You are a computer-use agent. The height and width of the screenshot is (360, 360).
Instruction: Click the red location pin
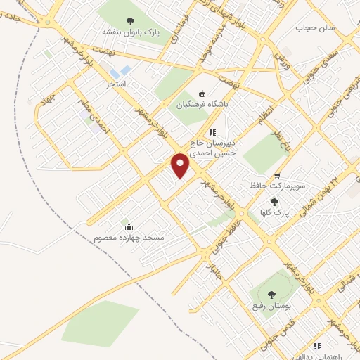point(181,165)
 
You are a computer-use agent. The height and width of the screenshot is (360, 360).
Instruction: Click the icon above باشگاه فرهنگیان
point(202,93)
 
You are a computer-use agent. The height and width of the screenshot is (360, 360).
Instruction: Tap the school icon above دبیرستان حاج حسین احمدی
point(212,131)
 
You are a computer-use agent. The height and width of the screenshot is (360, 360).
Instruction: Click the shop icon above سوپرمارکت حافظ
point(277,176)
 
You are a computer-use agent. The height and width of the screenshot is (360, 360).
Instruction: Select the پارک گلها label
point(276,212)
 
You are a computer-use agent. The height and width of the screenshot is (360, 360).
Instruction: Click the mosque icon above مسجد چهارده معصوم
point(128,226)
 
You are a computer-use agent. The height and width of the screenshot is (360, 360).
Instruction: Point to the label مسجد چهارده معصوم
point(129,238)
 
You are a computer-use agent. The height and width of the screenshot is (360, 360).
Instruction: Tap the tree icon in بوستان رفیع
point(272,295)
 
